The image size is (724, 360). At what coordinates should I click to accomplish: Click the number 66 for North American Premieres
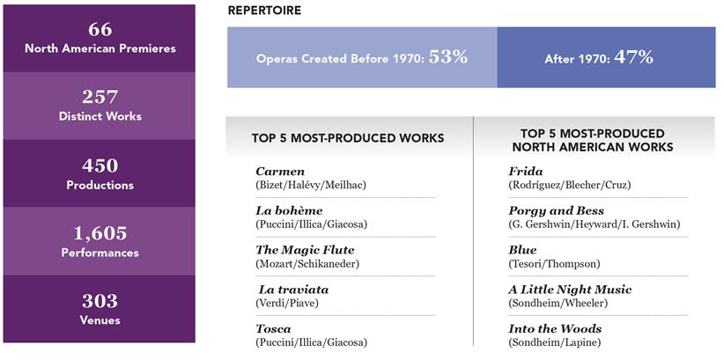[x=99, y=28]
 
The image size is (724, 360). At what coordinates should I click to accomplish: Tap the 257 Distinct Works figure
[x=99, y=97]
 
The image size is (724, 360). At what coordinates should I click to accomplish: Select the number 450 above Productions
[x=99, y=165]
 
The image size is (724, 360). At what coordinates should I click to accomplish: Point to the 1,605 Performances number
[x=99, y=233]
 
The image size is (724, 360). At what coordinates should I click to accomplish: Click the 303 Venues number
[x=99, y=302]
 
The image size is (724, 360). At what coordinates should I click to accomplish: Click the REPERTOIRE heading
[x=264, y=11]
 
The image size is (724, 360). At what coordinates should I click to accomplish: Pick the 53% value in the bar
[x=447, y=57]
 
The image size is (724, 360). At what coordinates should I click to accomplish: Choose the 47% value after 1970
[x=634, y=57]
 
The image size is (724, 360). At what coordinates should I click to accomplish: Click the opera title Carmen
[x=280, y=171]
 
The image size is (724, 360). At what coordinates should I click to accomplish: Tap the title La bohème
[x=289, y=210]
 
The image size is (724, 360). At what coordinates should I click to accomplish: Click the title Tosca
[x=274, y=328]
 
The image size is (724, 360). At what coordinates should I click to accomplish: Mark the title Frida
[x=526, y=171]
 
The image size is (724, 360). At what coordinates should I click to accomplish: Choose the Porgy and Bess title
[x=557, y=210]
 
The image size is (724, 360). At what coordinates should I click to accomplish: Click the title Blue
[x=522, y=250]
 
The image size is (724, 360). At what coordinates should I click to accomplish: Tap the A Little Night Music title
[x=570, y=290]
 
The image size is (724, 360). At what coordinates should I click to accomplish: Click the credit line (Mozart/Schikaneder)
[x=307, y=264]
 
